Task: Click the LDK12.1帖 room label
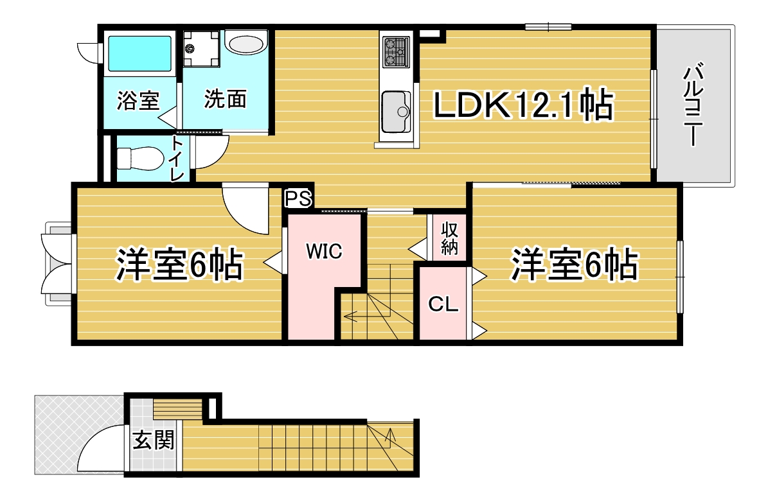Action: point(523,104)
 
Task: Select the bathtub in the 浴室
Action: point(139,53)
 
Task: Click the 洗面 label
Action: point(225,99)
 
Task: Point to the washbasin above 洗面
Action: point(246,42)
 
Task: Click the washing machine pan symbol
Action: point(201,48)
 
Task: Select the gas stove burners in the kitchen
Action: point(397,51)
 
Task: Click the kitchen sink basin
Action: point(396,112)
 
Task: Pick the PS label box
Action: point(298,198)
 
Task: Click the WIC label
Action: point(324,251)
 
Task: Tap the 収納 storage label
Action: point(449,238)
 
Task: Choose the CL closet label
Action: point(443,304)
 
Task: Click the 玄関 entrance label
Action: point(154,440)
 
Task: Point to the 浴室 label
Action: point(138,100)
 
